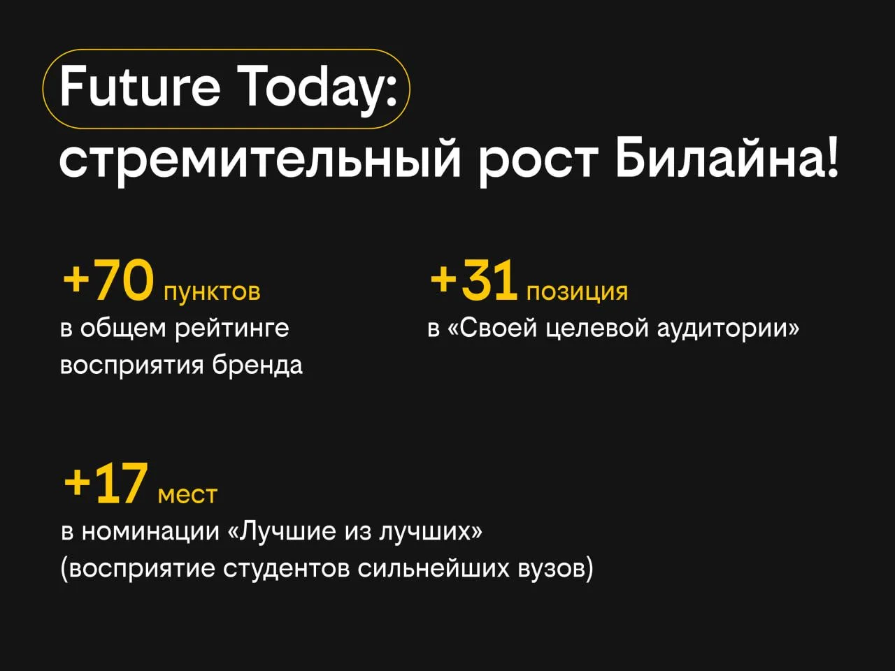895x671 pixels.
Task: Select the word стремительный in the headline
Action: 259,162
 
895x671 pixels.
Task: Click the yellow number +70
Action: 108,281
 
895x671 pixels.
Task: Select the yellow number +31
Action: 473,280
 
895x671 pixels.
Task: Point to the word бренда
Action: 257,365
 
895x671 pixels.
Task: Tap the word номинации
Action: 150,532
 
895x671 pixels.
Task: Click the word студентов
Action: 286,569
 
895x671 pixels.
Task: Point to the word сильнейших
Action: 434,568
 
